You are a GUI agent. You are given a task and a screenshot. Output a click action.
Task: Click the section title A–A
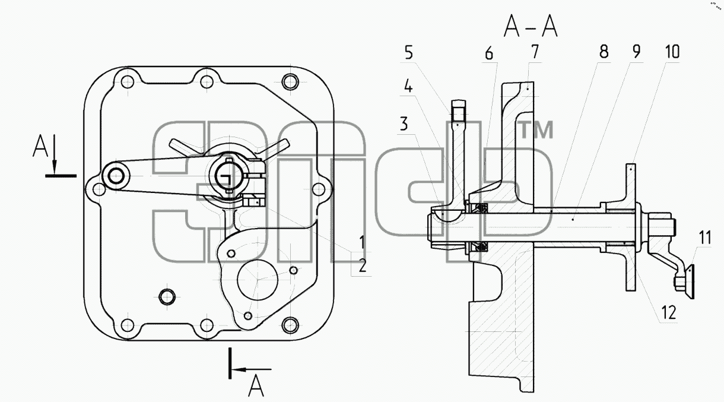(531, 27)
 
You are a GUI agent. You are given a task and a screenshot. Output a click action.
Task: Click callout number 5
(409, 52)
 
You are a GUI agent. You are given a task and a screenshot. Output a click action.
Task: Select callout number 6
(489, 53)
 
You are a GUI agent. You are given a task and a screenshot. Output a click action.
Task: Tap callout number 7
(535, 52)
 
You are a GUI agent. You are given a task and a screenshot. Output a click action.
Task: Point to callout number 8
(604, 52)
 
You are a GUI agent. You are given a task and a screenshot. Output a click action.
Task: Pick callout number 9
(636, 52)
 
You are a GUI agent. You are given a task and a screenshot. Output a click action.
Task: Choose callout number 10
(672, 52)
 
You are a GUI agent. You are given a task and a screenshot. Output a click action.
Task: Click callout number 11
(704, 238)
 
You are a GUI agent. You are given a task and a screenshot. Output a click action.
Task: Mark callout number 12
(669, 312)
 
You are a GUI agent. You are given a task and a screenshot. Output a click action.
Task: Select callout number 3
(404, 124)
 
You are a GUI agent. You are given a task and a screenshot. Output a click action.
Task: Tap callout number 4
(408, 87)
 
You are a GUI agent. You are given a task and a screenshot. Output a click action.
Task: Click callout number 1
(363, 242)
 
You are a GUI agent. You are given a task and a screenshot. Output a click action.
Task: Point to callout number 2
(363, 265)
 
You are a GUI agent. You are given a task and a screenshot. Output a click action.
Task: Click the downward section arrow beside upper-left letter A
(55, 154)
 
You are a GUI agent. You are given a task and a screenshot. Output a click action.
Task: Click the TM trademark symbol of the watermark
(535, 129)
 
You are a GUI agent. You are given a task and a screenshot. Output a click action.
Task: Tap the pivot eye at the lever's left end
(116, 176)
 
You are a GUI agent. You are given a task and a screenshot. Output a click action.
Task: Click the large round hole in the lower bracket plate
(258, 280)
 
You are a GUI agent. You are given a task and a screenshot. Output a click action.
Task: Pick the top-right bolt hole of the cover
(290, 81)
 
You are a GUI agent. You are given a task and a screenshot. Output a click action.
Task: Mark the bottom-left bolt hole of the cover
(127, 325)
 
